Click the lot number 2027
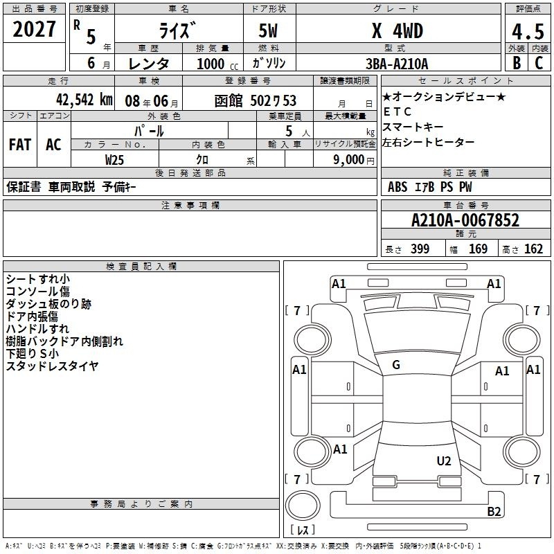click(x=34, y=29)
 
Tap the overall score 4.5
click(x=528, y=31)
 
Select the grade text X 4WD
click(x=397, y=31)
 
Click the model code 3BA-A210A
click(x=397, y=64)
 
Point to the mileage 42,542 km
click(x=84, y=100)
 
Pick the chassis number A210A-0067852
click(x=465, y=220)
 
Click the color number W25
click(x=114, y=160)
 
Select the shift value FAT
click(x=20, y=145)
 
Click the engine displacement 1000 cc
click(x=217, y=64)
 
